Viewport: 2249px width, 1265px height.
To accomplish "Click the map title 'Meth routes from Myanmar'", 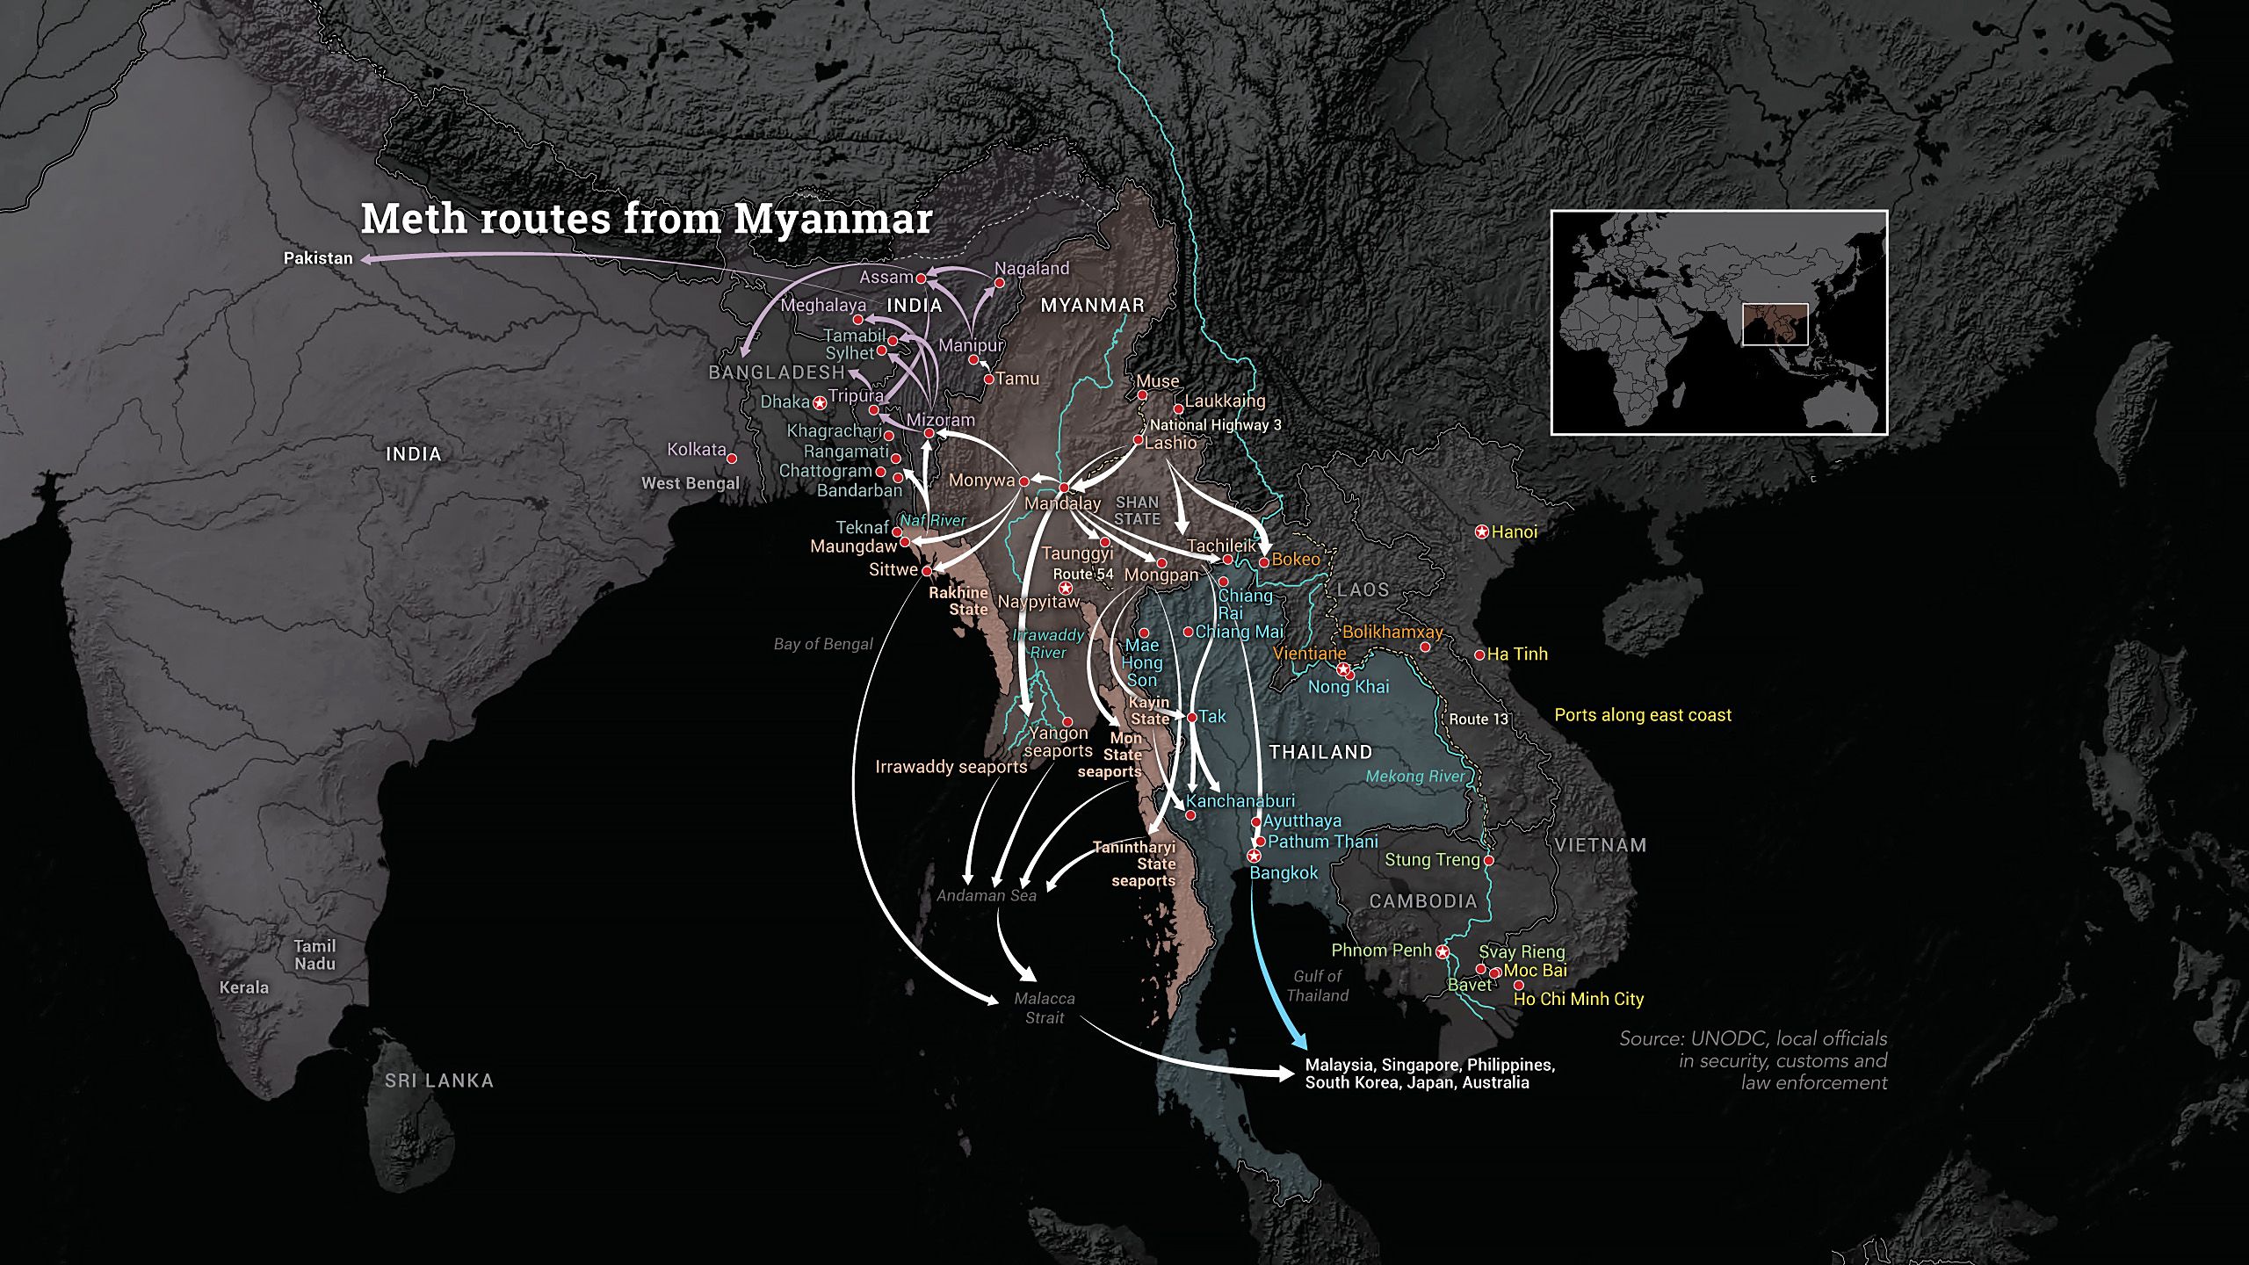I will point(646,219).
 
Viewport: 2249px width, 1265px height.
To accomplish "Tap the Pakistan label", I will point(318,258).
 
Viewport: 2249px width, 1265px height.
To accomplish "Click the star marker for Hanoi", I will point(1481,531).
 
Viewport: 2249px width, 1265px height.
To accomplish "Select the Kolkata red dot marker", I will point(731,459).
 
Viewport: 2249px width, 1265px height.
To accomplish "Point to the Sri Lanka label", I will point(439,1081).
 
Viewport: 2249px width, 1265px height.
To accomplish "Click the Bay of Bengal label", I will point(823,644).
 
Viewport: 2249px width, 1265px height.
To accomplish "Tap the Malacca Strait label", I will point(1044,1008).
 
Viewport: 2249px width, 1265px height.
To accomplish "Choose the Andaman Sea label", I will point(986,895).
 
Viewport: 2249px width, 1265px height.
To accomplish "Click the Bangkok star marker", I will point(1255,856).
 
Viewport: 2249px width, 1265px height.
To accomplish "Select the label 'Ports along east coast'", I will point(1643,715).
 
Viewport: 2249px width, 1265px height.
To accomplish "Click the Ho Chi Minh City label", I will point(1578,999).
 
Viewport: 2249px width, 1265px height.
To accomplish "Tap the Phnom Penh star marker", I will point(1443,951).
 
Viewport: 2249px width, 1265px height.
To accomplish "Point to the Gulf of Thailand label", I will point(1317,986).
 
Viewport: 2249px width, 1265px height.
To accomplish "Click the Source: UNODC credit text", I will point(1754,1060).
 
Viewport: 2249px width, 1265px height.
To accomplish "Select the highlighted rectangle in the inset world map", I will point(1775,324).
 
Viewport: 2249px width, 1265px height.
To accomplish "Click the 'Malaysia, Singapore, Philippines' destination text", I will point(1429,1065).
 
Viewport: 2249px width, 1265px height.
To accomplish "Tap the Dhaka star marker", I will point(820,403).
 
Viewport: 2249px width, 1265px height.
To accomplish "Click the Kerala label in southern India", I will point(244,987).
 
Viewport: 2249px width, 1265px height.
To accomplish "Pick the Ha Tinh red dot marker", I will point(1479,654).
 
